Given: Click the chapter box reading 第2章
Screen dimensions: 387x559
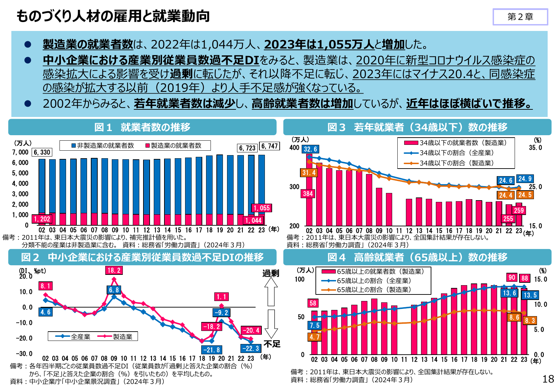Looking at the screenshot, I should (x=520, y=17).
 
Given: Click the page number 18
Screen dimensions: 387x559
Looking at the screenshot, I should (x=548, y=379).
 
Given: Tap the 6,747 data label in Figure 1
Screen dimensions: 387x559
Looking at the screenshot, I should (x=269, y=146).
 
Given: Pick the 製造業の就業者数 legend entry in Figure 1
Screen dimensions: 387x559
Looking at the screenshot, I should (x=173, y=146).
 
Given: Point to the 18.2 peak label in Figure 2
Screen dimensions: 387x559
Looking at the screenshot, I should (x=114, y=270).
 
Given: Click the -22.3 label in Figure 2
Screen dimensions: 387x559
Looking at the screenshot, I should (x=250, y=348).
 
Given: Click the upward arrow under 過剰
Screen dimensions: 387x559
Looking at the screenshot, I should (x=271, y=292).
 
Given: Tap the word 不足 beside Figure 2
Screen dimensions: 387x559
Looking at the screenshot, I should (x=272, y=344).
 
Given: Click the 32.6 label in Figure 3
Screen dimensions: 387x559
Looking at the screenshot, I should (x=310, y=149).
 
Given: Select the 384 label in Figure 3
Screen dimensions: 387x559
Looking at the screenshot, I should (x=308, y=194).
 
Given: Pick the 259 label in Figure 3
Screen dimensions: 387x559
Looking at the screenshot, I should (x=518, y=210).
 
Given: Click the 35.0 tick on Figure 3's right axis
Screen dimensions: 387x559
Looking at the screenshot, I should (x=535, y=148).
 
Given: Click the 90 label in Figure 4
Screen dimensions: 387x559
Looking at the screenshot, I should (x=512, y=277).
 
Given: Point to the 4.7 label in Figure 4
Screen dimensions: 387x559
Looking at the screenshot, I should (x=314, y=337).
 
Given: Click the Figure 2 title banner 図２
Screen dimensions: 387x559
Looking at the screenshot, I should (x=142, y=257).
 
